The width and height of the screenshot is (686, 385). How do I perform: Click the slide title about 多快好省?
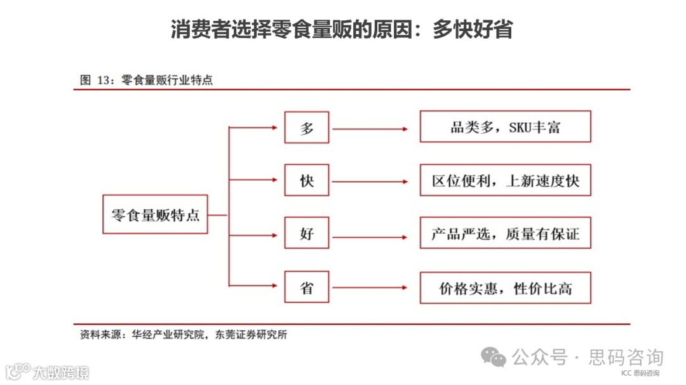342,29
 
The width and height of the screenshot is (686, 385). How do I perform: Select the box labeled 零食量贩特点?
155,214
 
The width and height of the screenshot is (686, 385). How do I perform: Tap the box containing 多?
307,127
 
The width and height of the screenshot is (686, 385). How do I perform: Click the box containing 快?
307,181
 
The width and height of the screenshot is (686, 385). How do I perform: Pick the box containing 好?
307,235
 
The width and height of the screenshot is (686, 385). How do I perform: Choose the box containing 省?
307,288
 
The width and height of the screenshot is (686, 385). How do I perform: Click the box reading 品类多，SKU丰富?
505,127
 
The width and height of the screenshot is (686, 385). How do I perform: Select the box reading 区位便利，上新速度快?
505,181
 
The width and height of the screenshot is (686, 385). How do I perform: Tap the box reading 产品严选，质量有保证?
505,234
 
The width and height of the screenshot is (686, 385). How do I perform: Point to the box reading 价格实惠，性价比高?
505,288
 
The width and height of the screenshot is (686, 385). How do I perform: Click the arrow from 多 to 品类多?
370,129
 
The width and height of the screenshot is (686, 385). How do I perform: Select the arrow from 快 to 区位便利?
370,183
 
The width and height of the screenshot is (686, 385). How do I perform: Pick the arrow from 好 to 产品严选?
370,237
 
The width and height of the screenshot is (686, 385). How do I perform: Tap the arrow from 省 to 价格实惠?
370,289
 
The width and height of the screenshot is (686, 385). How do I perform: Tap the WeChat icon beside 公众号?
494,357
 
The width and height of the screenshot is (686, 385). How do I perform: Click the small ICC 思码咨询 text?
640,373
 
